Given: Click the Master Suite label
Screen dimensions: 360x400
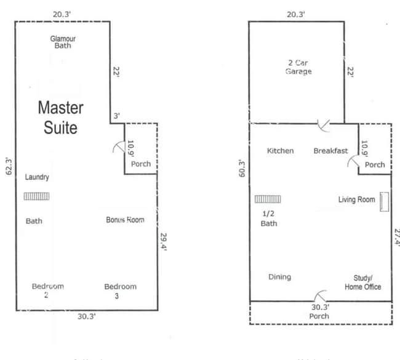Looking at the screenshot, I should [60, 118].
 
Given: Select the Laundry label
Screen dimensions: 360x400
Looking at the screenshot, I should [37, 177].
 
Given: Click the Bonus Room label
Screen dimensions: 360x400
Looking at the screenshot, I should [125, 220].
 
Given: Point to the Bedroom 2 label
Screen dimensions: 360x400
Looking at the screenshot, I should [48, 290].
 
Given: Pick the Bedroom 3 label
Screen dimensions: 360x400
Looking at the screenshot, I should [120, 290].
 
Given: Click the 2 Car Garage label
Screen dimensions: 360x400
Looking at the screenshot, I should [298, 67].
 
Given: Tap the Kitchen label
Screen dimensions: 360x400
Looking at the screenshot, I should [280, 151].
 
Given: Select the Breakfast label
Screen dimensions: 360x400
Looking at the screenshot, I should [330, 151].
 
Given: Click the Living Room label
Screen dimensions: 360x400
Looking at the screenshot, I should [356, 199].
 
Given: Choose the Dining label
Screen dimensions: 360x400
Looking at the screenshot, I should [279, 277].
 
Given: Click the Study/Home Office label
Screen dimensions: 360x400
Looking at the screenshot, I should [363, 282].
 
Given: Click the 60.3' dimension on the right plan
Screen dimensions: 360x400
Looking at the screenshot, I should [242, 169].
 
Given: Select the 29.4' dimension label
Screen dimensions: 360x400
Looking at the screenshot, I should [162, 240].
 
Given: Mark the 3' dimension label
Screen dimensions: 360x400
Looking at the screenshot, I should [116, 115].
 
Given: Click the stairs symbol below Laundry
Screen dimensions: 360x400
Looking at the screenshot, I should [37, 196].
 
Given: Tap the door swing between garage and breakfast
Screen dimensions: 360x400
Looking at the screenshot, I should [322, 126].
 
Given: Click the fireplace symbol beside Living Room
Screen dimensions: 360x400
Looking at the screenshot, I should [385, 201].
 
